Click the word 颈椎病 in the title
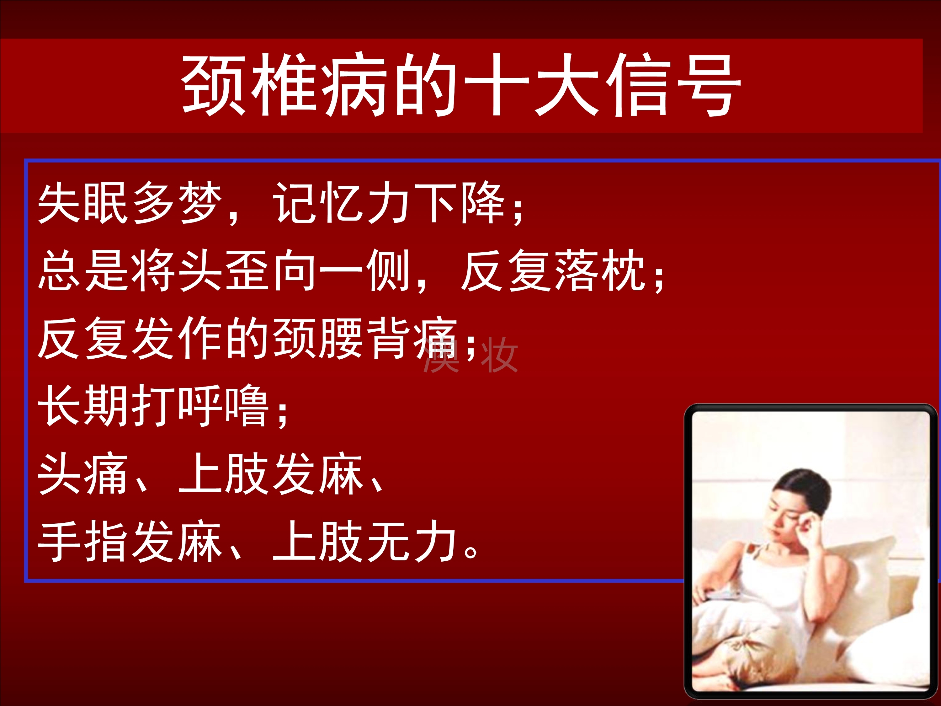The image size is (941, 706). (284, 85)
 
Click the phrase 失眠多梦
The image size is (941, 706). (130, 203)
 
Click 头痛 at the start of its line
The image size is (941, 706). (83, 473)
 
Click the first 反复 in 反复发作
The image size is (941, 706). (83, 338)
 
